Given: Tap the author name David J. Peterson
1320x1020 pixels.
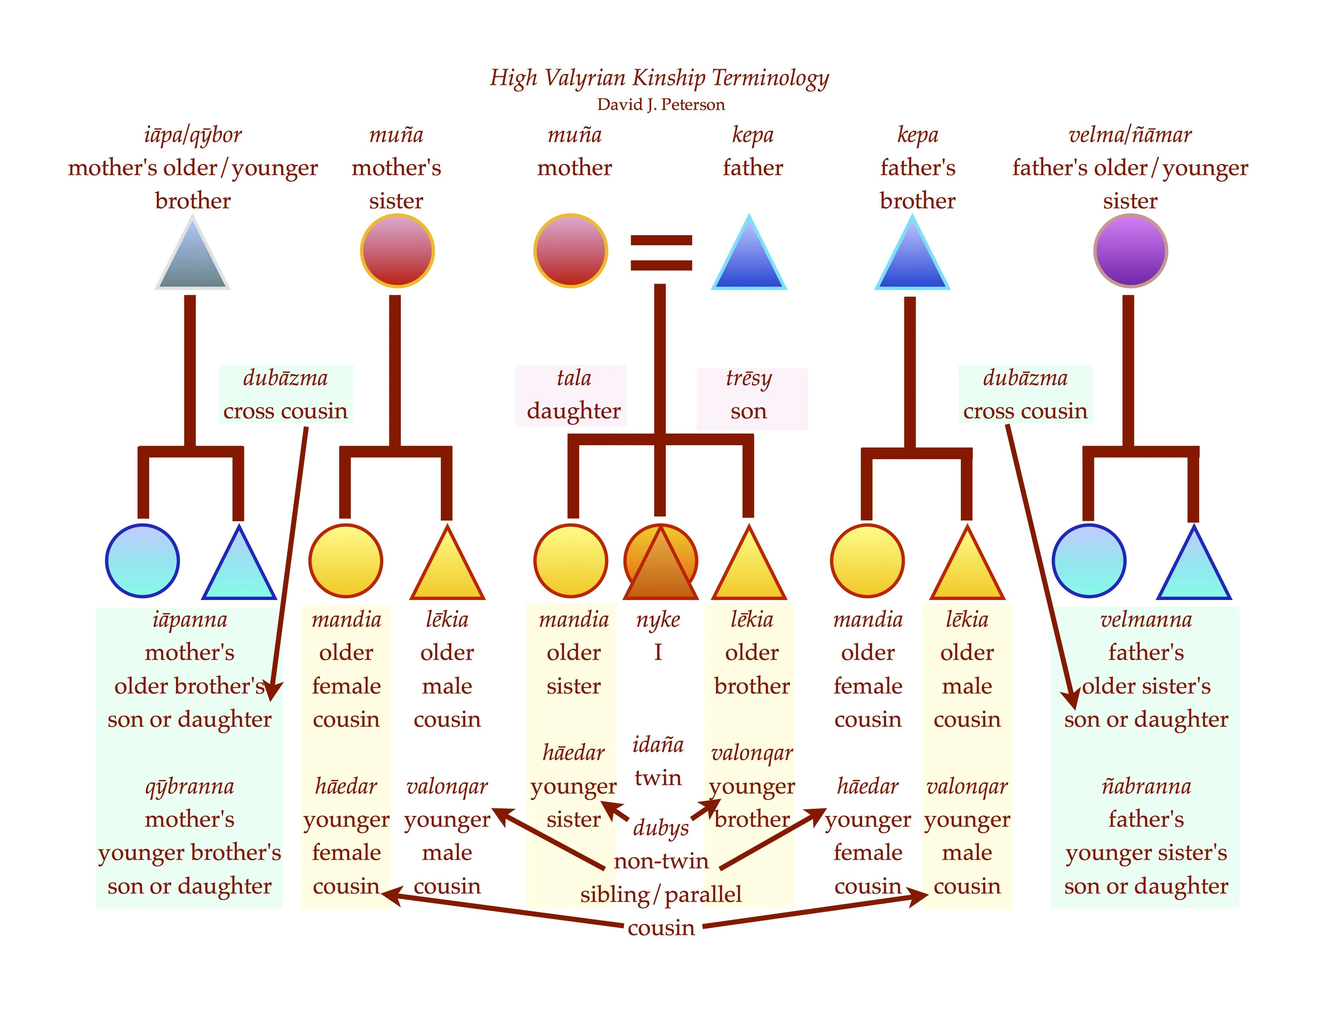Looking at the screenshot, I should (661, 104).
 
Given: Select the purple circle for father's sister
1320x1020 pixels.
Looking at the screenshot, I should (1130, 251).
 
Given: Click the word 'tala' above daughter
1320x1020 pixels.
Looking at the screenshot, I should (574, 378).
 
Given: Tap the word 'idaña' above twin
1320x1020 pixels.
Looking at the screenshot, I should (658, 744).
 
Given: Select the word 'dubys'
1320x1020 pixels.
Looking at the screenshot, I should (661, 827).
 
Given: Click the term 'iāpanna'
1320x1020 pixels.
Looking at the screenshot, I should (190, 619).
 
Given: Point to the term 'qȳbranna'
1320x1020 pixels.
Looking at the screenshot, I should (189, 786).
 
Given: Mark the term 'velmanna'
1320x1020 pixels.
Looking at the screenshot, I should (1146, 619).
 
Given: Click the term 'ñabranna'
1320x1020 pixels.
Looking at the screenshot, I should (1146, 786).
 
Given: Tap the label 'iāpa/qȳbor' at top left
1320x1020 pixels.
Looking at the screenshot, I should (193, 135).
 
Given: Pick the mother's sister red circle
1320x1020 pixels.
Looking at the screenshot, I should (397, 251).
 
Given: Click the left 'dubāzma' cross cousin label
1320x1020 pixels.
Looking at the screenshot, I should (285, 378).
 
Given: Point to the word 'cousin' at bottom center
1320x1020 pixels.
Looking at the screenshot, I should (661, 928).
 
